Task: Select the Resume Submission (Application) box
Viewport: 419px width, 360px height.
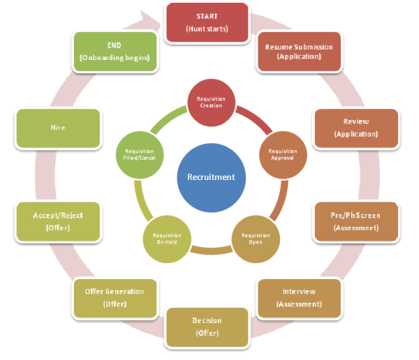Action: click(x=298, y=52)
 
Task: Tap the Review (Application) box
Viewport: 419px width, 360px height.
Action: click(x=356, y=127)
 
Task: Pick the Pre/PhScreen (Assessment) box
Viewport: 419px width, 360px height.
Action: click(x=356, y=221)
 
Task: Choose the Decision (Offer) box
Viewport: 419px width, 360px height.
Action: click(x=207, y=327)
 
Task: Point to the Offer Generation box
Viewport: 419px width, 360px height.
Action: click(x=114, y=297)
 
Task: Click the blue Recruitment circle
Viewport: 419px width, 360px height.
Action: click(x=211, y=177)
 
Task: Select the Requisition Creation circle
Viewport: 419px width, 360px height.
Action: click(x=211, y=101)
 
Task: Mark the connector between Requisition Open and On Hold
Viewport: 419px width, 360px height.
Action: click(x=211, y=250)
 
